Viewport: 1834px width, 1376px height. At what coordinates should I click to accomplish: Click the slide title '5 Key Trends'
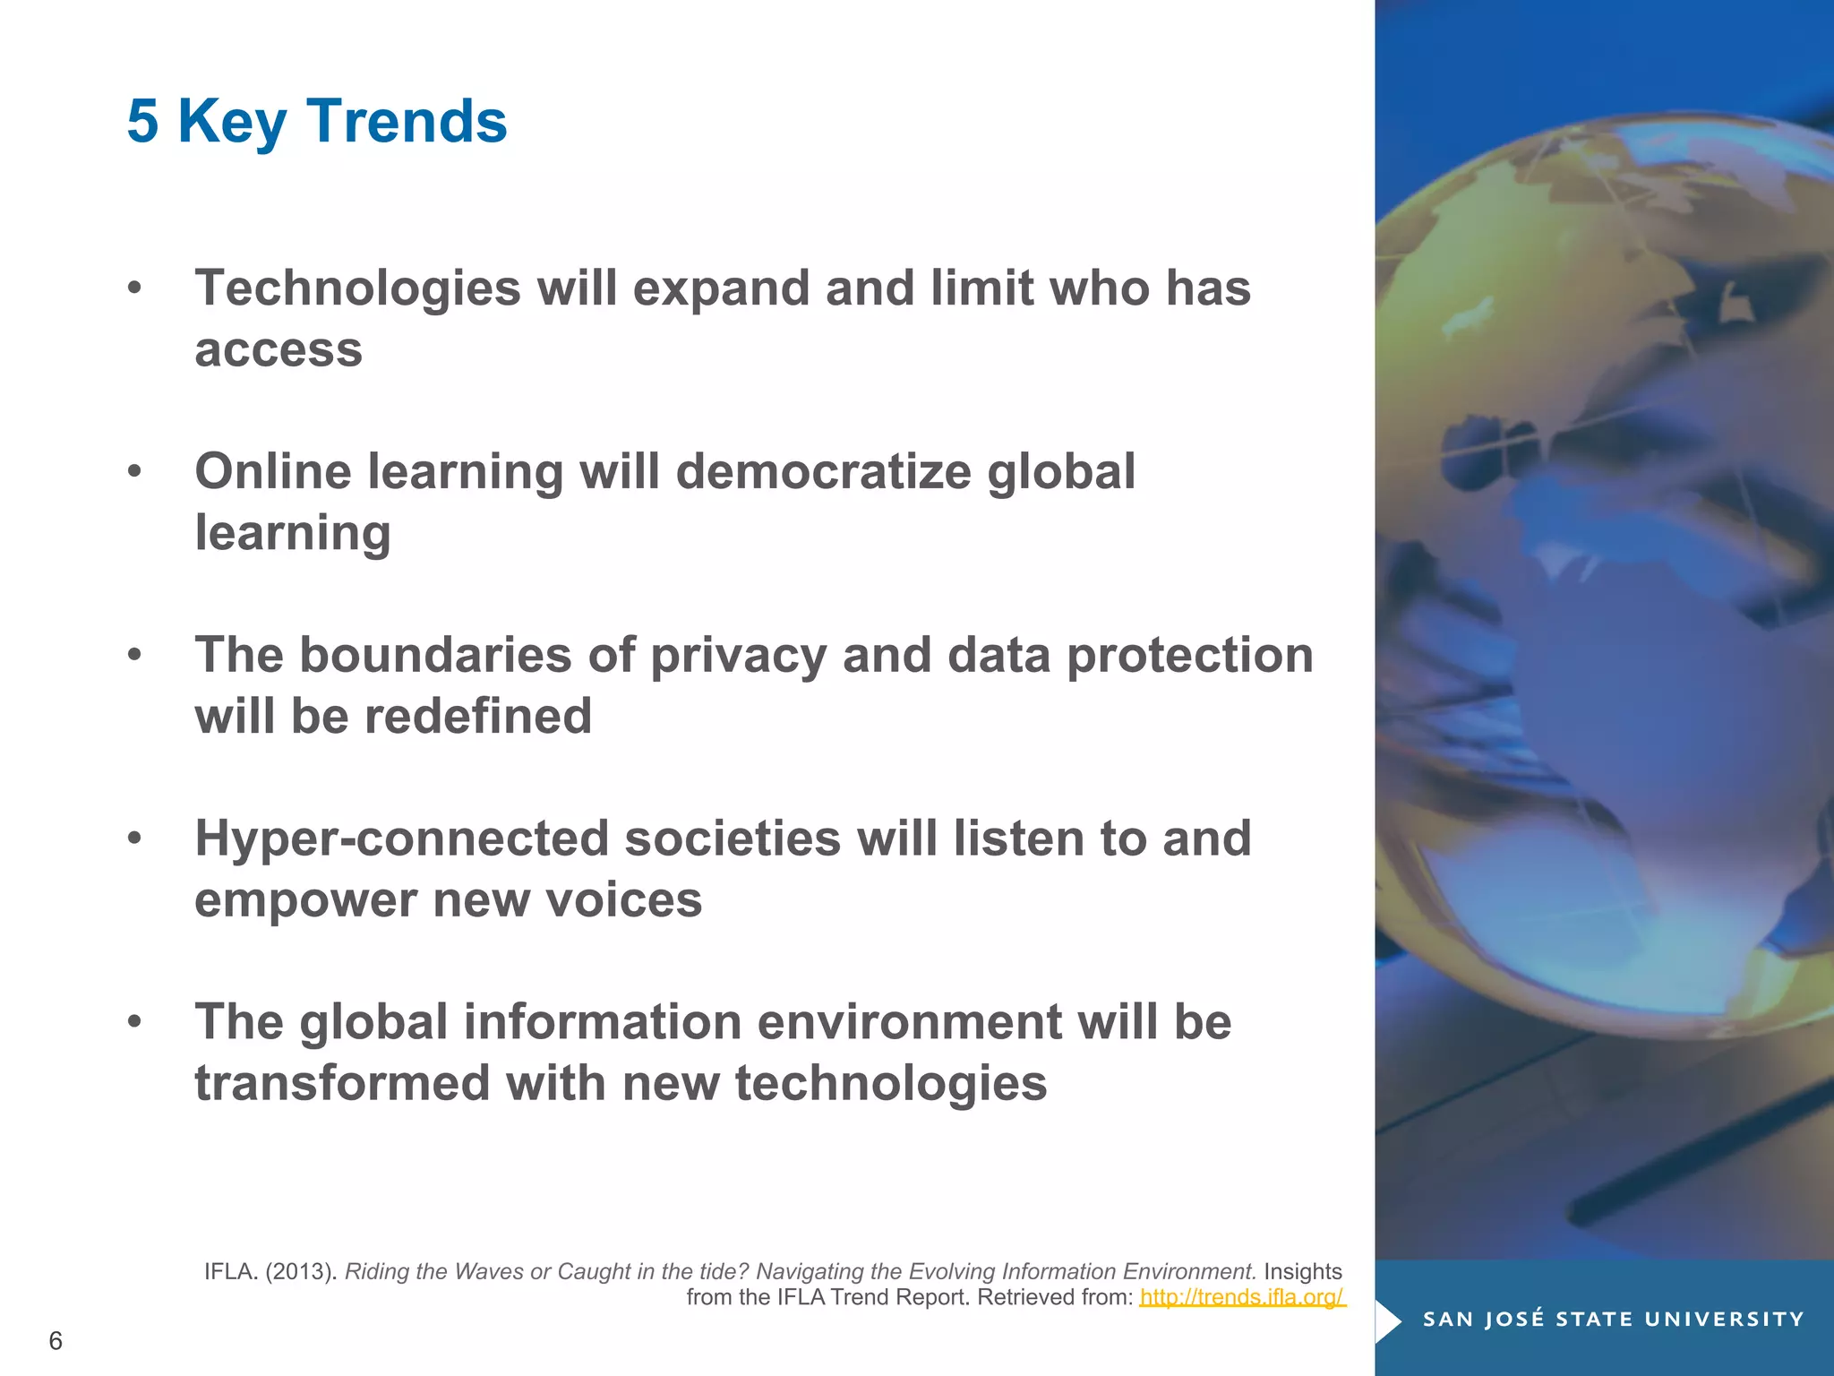[317, 121]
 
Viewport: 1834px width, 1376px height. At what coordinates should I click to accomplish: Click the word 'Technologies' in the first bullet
[357, 289]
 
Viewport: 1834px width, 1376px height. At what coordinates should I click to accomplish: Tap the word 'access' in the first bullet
[279, 350]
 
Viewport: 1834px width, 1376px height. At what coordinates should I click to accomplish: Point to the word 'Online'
[273, 472]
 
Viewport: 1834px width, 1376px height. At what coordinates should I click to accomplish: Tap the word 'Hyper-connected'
[401, 839]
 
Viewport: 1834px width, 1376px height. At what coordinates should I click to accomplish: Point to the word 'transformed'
[341, 1084]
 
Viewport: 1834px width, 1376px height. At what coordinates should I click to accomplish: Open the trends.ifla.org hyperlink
[1242, 1297]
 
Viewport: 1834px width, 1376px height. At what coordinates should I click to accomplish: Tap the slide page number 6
[56, 1341]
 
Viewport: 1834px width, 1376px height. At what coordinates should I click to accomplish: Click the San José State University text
[1613, 1320]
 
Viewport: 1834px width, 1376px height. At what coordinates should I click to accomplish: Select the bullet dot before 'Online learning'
[134, 472]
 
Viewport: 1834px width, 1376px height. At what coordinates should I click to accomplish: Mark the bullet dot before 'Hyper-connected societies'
[134, 839]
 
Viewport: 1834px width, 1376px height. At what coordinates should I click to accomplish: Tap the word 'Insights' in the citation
[1302, 1272]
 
